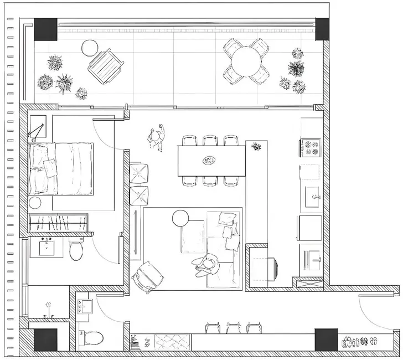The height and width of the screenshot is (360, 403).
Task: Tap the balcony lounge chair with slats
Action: point(105,65)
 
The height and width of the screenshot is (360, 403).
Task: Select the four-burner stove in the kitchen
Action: point(311,147)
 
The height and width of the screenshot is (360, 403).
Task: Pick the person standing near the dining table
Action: point(158,137)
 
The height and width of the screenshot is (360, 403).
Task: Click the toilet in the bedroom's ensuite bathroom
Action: point(76,250)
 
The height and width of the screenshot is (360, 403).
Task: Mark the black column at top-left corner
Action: point(45,29)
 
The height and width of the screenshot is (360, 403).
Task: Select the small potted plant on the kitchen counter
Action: point(256,147)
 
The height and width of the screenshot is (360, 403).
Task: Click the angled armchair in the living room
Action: point(149,275)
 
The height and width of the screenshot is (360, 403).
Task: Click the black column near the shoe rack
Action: point(326,339)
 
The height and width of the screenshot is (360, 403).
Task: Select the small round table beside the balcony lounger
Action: point(89,48)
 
